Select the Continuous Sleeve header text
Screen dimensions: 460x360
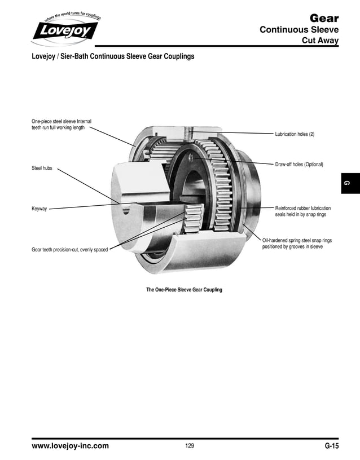(x=298, y=30)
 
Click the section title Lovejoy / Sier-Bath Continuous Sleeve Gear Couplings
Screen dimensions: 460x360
(x=113, y=57)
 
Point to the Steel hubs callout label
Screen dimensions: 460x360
(x=42, y=169)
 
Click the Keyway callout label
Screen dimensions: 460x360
(x=39, y=209)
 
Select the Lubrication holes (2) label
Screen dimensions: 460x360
(x=298, y=134)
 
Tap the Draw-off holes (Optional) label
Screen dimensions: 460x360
(x=299, y=165)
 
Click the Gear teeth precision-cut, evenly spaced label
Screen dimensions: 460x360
(x=69, y=249)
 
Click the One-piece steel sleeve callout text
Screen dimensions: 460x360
(x=61, y=124)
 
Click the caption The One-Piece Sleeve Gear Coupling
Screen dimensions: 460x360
(x=184, y=290)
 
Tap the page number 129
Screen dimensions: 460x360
(x=190, y=446)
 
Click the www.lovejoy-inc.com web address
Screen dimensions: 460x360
(x=70, y=446)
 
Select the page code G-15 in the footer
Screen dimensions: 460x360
(x=331, y=446)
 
